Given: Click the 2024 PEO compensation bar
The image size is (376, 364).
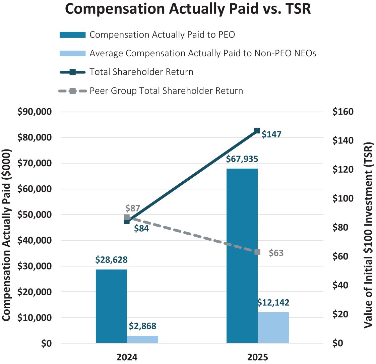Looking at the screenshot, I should pyautogui.click(x=111, y=306).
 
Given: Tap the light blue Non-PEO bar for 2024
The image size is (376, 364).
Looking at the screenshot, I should pyautogui.click(x=142, y=339).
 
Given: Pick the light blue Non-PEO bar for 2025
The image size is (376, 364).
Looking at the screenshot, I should pyautogui.click(x=273, y=327).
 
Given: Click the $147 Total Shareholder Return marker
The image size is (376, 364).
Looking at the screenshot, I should pyautogui.click(x=257, y=130).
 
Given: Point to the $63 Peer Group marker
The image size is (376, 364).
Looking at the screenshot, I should pyautogui.click(x=257, y=252).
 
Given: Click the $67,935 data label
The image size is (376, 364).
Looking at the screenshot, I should pyautogui.click(x=242, y=159).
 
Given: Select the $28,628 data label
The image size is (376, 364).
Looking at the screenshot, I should pyautogui.click(x=111, y=260).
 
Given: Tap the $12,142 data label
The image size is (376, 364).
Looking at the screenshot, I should pyautogui.click(x=273, y=303).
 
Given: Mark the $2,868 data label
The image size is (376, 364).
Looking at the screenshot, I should pyautogui.click(x=142, y=326).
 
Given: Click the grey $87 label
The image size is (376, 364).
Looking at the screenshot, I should pyautogui.click(x=133, y=208).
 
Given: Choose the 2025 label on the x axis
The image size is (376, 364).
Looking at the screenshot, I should pyautogui.click(x=257, y=357).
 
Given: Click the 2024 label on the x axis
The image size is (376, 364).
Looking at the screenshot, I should pyautogui.click(x=127, y=357).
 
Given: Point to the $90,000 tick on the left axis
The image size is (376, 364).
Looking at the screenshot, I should pyautogui.click(x=34, y=112).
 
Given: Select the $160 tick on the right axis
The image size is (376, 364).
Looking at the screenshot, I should pyautogui.click(x=343, y=112).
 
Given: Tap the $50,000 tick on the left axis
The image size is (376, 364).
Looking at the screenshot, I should pyautogui.click(x=34, y=215).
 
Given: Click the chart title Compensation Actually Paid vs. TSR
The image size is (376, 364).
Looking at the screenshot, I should pyautogui.click(x=188, y=9).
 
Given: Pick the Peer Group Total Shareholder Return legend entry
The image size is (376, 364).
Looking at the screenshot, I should pyautogui.click(x=166, y=90).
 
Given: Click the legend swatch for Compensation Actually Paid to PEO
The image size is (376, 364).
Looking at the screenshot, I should pyautogui.click(x=72, y=35).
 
